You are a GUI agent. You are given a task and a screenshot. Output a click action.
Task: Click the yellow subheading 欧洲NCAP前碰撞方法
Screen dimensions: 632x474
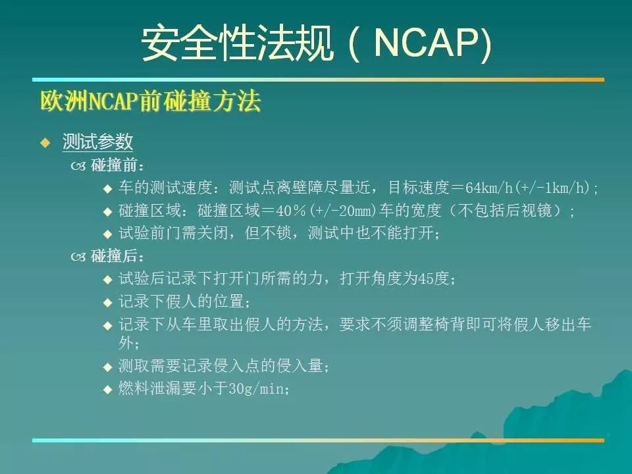tap(151, 101)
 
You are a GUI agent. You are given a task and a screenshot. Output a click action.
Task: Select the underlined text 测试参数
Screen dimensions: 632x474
tap(97, 142)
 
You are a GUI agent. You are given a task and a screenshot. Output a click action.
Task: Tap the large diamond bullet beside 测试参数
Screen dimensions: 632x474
tap(46, 142)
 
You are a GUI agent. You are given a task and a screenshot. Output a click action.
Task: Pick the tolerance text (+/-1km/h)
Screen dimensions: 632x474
tap(551, 188)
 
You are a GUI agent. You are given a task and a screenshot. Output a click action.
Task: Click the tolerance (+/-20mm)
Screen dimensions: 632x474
tap(342, 211)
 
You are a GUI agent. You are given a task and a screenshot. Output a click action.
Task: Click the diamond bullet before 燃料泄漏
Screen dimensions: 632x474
tap(107, 389)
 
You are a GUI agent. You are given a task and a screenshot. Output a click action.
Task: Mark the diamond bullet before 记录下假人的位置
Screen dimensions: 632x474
tap(107, 302)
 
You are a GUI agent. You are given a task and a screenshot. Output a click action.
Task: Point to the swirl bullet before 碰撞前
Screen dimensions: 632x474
tap(78, 166)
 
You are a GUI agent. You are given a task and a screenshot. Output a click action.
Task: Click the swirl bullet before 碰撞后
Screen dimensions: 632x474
tap(78, 257)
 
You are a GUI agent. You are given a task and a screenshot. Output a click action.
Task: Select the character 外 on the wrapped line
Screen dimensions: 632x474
tap(126, 343)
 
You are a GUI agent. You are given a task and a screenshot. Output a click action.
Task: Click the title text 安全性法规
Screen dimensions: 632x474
tap(237, 43)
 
